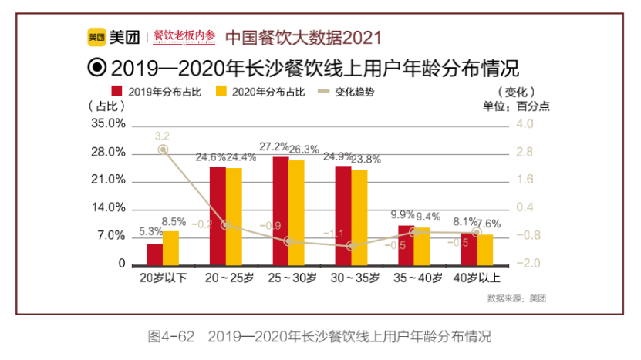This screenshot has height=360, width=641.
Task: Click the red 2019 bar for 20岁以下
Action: pyautogui.click(x=155, y=254)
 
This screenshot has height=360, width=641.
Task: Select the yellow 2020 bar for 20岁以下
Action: pyautogui.click(x=170, y=247)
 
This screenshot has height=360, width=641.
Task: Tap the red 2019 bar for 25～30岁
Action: pyautogui.click(x=280, y=210)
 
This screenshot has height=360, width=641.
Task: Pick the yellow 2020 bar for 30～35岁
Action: pyautogui.click(x=359, y=217)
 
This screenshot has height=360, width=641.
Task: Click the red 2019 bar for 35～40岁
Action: pyautogui.click(x=406, y=244)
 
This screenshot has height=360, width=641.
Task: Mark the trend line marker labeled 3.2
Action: pyautogui.click(x=163, y=150)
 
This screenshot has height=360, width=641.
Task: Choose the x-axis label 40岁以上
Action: pyautogui.click(x=477, y=278)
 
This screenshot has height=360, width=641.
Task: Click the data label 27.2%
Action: pyautogui.click(x=274, y=146)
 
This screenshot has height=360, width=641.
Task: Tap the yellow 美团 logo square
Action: pyautogui.click(x=96, y=36)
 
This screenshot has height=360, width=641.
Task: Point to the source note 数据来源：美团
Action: pyautogui.click(x=511, y=298)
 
